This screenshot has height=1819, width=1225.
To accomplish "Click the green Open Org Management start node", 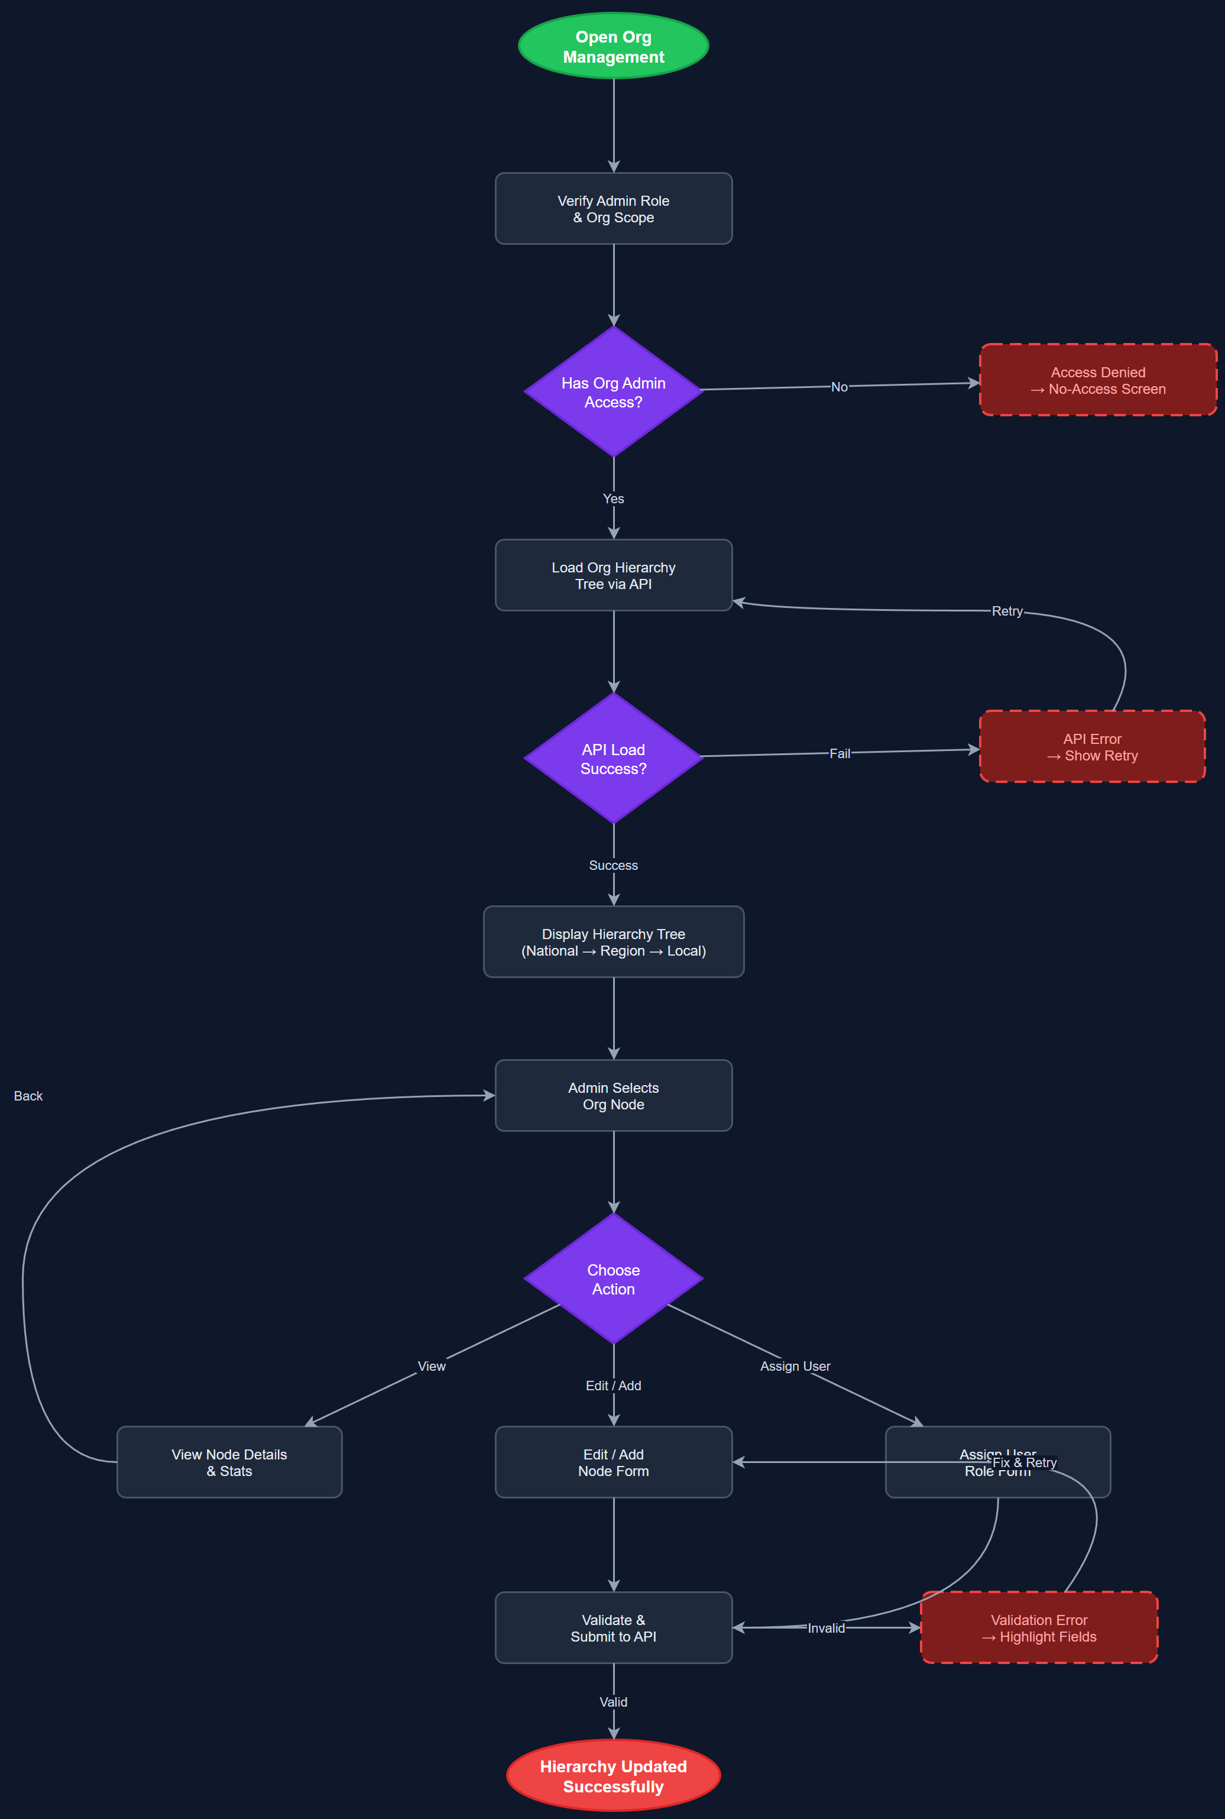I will pos(613,46).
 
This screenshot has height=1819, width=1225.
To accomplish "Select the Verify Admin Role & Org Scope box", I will pos(613,209).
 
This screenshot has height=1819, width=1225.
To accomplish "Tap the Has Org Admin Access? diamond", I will pos(613,391).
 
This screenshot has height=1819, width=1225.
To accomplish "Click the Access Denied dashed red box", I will pos(1098,380).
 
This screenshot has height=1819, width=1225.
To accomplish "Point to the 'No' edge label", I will pos(839,387).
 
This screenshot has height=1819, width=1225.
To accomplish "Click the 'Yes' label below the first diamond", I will pos(613,499).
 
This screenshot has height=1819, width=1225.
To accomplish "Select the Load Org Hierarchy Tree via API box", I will pos(613,575).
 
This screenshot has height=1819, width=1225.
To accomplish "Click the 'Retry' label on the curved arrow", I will pos(1006,611).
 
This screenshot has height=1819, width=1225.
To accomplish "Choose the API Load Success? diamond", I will pos(613,758).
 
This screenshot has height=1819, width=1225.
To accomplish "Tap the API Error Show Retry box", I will pos(1091,746).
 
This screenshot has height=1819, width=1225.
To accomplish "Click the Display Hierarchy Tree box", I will pos(613,941).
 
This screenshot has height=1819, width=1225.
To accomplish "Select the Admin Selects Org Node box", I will pos(613,1095).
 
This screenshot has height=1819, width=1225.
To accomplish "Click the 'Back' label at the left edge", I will pos(28,1095).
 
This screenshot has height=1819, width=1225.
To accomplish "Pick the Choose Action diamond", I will pos(613,1279).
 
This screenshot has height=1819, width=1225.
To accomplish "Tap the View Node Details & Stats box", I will pos(229,1462).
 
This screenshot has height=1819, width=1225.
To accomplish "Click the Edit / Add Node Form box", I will pos(613,1462).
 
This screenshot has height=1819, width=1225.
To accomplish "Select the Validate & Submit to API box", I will pos(613,1627).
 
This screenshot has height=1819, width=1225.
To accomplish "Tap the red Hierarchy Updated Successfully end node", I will pos(613,1775).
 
